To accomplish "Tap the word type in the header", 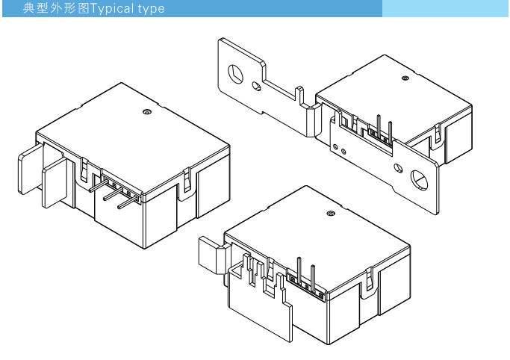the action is pyautogui.click(x=152, y=9).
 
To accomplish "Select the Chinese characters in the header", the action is pyautogui.click(x=56, y=8).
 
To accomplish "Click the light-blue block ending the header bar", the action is pyautogui.click(x=445, y=8).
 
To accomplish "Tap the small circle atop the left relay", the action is pyautogui.click(x=147, y=112).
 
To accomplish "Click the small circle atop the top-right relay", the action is pyautogui.click(x=405, y=78).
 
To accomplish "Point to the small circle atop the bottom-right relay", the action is pyautogui.click(x=331, y=214).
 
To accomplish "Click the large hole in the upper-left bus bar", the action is pyautogui.click(x=235, y=74).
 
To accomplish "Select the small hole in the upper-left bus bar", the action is pyautogui.click(x=256, y=86).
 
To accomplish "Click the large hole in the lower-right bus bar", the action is pyautogui.click(x=419, y=180).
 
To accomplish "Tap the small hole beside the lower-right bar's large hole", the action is pyautogui.click(x=398, y=168).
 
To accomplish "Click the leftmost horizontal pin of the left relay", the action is pyautogui.click(x=99, y=186).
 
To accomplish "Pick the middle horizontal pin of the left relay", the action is pyautogui.click(x=113, y=194).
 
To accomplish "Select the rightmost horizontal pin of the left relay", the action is pyautogui.click(x=127, y=202).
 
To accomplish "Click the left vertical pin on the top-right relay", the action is pyautogui.click(x=379, y=125).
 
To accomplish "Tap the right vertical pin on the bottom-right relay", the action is pyautogui.click(x=313, y=277).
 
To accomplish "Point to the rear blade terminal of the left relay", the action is pyautogui.click(x=31, y=170).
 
